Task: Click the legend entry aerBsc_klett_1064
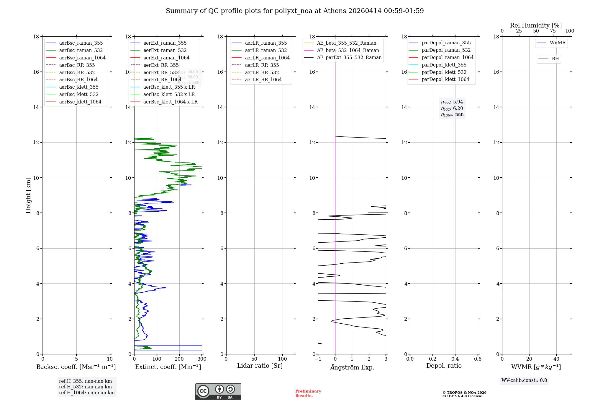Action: point(80,102)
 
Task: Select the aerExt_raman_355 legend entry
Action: point(165,43)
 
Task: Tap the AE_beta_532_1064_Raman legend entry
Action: point(348,50)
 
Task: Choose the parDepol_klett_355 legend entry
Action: point(444,65)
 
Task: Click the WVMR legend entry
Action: point(558,43)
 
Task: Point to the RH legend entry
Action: point(555,59)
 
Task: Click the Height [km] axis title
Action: point(28,195)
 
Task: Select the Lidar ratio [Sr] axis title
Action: point(260,366)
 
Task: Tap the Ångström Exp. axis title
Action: point(352,367)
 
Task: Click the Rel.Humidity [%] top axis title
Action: point(536,25)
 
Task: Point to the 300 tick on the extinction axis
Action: point(202,359)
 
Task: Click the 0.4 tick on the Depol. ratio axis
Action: point(455,359)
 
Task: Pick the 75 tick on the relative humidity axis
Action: point(553,31)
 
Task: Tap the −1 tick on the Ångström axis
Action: point(318,359)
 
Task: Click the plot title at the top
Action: point(295,11)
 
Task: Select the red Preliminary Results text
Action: point(308,393)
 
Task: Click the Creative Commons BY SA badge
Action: point(218,391)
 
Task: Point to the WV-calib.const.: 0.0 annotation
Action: point(524,380)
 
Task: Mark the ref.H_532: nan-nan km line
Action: point(85,387)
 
